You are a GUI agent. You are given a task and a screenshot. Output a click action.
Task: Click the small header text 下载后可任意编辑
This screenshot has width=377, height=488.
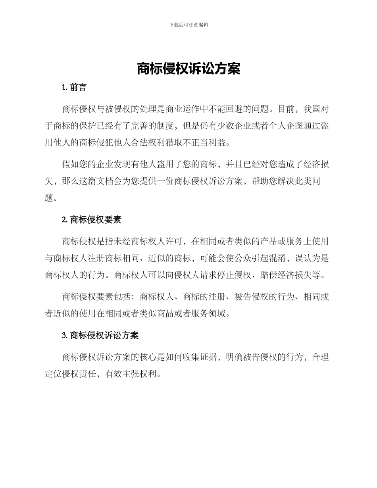click(x=188, y=25)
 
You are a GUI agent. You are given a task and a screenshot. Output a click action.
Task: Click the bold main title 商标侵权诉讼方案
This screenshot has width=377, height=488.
click(x=188, y=69)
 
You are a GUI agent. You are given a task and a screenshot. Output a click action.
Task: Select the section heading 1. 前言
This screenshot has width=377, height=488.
click(x=74, y=87)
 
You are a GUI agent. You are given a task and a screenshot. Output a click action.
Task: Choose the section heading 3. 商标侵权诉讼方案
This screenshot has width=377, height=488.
click(x=100, y=335)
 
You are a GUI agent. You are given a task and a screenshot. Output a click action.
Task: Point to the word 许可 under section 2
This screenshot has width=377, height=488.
click(x=174, y=241)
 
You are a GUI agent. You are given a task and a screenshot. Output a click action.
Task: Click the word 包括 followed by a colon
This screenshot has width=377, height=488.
click(x=123, y=297)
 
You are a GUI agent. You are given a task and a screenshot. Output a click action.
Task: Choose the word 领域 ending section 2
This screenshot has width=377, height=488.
click(x=217, y=314)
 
